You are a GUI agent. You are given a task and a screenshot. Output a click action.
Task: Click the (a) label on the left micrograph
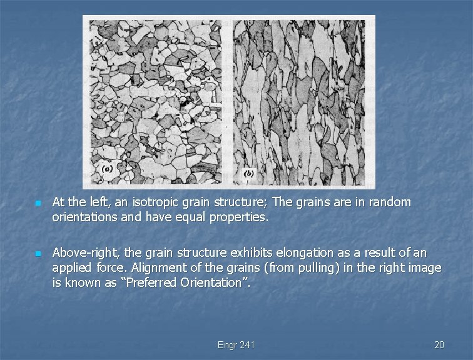point(108,169)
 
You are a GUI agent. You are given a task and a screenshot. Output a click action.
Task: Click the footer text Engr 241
point(236,345)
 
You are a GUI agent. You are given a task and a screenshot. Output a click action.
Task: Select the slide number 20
point(439,345)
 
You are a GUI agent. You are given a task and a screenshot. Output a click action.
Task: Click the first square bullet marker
point(38,204)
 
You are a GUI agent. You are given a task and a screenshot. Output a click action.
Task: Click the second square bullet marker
point(38,254)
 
